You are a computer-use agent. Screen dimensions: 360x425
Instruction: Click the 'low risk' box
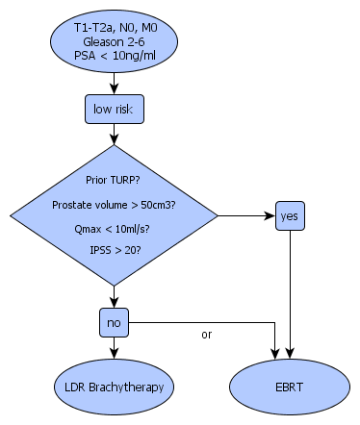coord(115,109)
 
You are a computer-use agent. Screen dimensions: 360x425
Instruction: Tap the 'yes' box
coord(290,215)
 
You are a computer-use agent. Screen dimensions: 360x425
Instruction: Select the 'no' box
coord(115,322)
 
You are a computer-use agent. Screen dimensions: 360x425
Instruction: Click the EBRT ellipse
coord(290,387)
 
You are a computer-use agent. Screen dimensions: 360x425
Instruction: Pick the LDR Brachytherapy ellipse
coord(115,387)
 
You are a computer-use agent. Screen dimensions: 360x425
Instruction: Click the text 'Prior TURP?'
coord(113,180)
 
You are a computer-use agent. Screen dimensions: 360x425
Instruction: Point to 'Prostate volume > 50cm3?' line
coord(114,205)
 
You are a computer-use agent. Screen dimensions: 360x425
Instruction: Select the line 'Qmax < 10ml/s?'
coord(112,229)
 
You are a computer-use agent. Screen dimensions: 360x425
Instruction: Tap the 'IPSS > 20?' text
coord(116,250)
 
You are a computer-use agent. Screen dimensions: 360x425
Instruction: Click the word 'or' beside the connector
coord(207,335)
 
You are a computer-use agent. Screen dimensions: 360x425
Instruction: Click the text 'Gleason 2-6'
coord(114,41)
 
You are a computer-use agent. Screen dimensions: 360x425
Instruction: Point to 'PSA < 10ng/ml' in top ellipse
coord(115,56)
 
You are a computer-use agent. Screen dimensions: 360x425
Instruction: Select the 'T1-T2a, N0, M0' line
coord(116,28)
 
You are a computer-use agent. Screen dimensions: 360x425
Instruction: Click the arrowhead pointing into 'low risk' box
coord(115,89)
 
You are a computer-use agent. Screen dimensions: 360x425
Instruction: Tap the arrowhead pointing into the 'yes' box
coord(270,215)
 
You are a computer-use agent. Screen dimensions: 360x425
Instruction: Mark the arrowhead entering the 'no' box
coord(115,303)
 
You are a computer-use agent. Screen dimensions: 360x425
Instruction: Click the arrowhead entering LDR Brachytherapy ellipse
coord(115,354)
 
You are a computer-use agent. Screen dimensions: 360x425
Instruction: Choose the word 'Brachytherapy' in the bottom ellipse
coord(126,387)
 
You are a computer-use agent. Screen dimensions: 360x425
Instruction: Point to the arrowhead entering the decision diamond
coord(115,139)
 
